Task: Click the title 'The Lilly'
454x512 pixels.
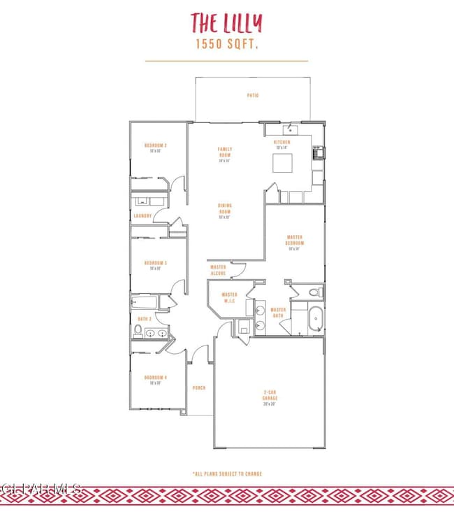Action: (226, 23)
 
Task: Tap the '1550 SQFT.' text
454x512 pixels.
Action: (226, 44)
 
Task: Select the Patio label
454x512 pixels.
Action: (252, 95)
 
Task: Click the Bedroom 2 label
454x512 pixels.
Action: (155, 147)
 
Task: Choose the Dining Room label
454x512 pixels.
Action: (225, 211)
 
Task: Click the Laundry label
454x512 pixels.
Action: (142, 216)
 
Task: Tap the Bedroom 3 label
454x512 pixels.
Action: (155, 264)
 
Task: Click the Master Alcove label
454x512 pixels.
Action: (219, 269)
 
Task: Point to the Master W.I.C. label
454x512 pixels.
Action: (229, 297)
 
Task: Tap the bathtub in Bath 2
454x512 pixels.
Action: (144, 302)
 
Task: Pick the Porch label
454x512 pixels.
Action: (198, 387)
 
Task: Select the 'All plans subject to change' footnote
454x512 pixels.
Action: (226, 474)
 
